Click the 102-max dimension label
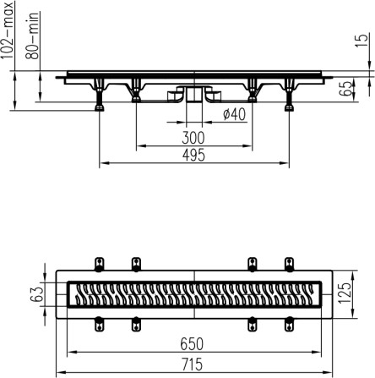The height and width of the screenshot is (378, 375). click(x=7, y=30)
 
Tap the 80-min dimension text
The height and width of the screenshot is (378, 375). click(x=32, y=36)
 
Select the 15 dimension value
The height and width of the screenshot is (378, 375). click(x=362, y=41)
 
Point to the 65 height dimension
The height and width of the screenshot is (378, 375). click(x=345, y=88)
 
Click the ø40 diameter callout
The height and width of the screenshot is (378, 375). click(x=234, y=114)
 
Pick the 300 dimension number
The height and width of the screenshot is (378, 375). click(x=193, y=138)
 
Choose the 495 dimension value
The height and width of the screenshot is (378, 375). click(x=193, y=156)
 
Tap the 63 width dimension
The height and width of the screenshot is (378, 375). click(x=36, y=294)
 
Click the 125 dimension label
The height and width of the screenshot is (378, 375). click(x=345, y=293)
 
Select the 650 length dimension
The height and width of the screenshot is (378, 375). click(x=192, y=344)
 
